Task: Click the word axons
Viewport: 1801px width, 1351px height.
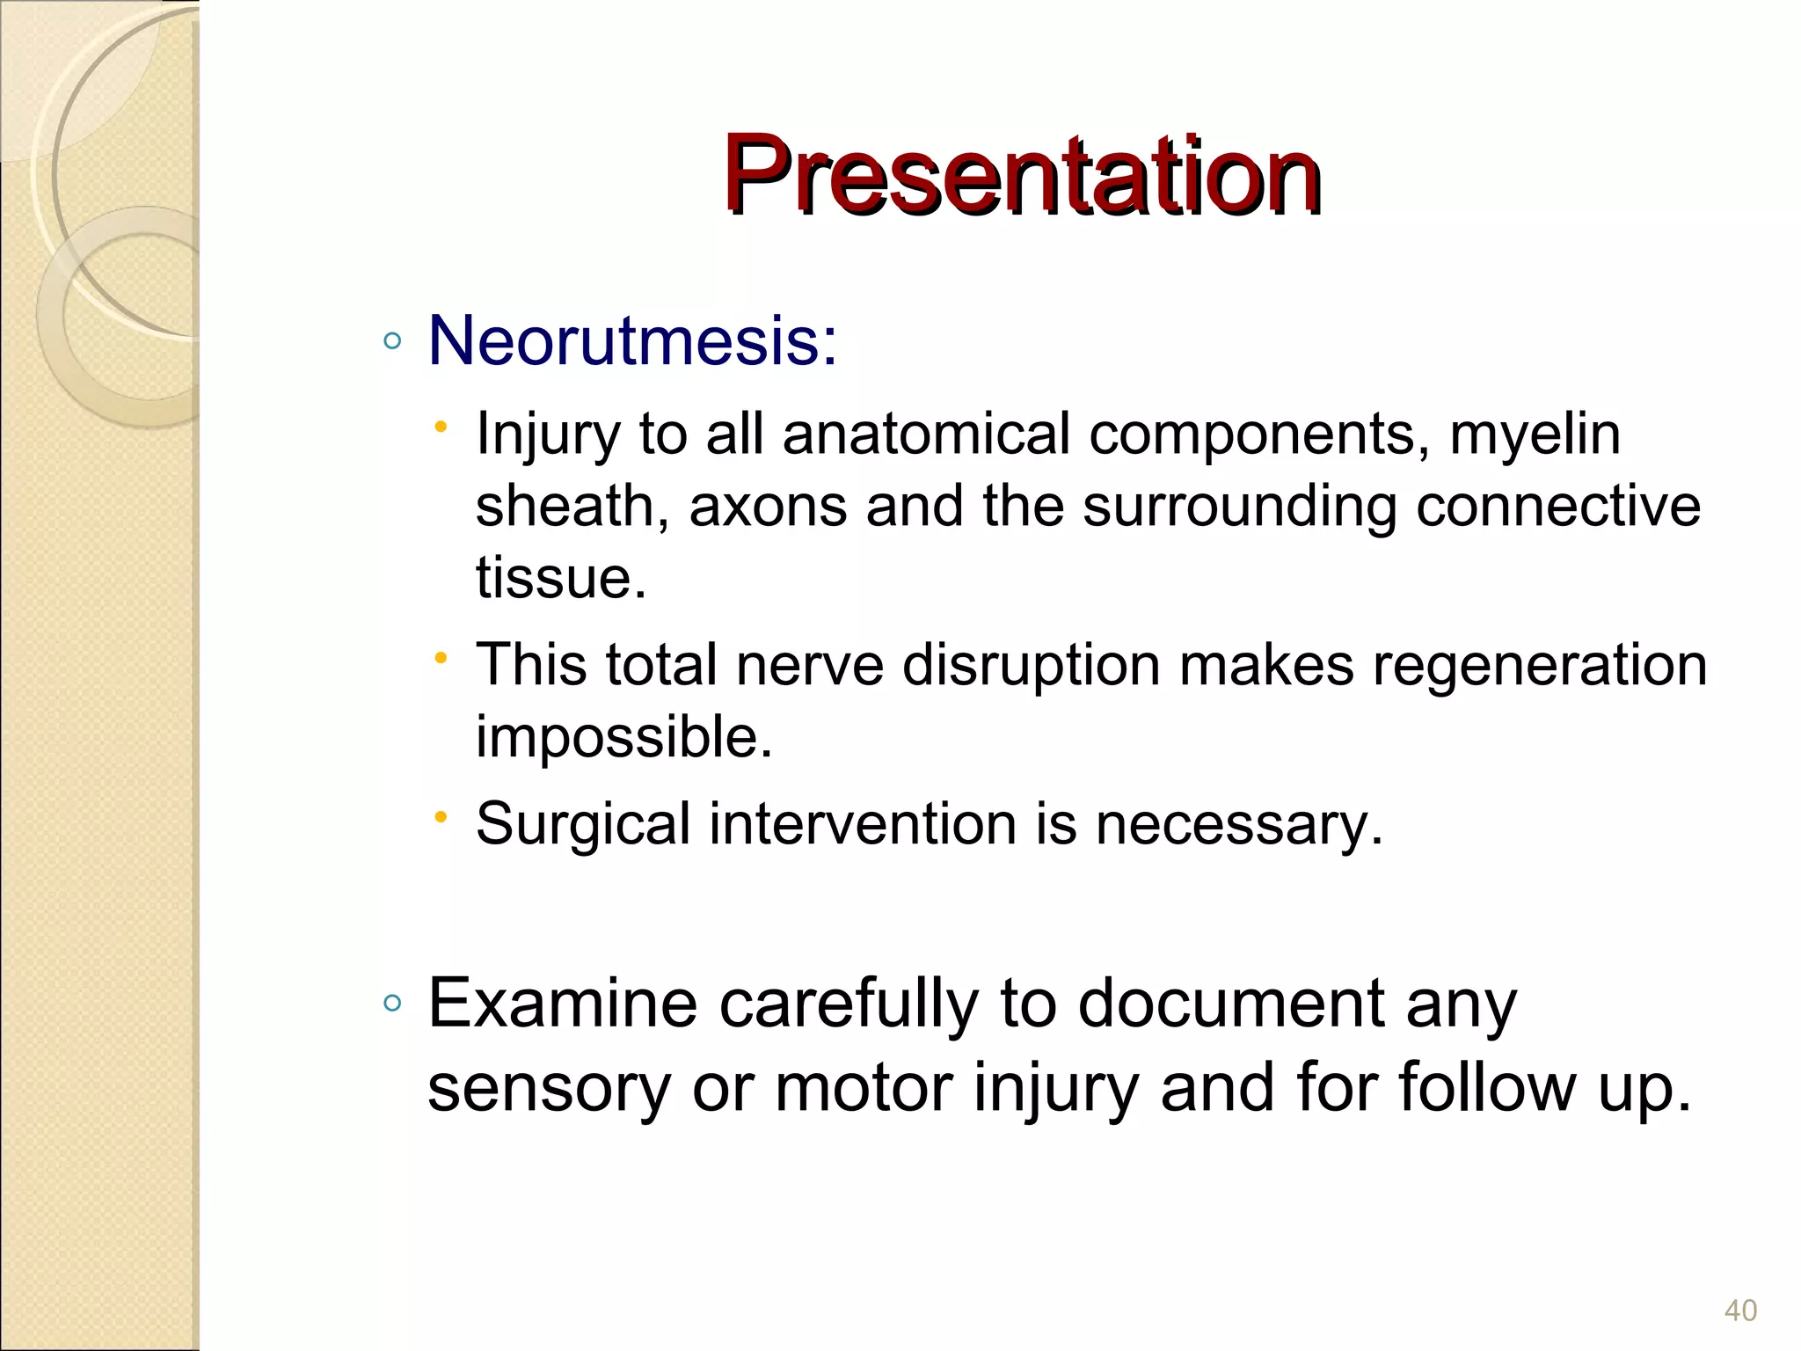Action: click(768, 507)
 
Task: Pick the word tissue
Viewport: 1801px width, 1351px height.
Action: click(559, 578)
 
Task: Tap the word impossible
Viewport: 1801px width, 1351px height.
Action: click(623, 736)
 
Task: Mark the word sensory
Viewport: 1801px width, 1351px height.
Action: click(549, 1088)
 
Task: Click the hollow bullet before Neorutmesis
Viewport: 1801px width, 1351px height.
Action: click(393, 341)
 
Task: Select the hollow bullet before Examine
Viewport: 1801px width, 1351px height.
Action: click(393, 1004)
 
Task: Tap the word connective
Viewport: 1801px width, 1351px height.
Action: click(1557, 507)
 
